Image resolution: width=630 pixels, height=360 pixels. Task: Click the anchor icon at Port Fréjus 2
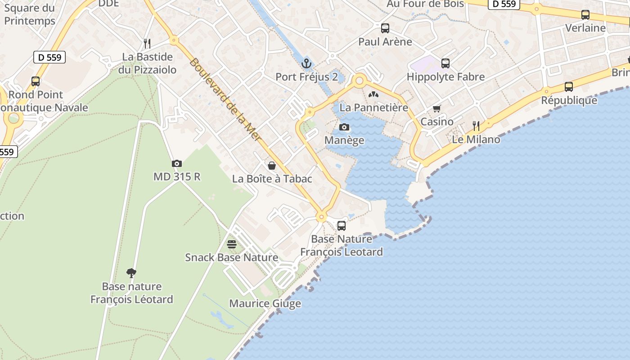pyautogui.click(x=306, y=63)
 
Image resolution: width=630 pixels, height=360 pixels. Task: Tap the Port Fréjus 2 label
pyautogui.click(x=306, y=77)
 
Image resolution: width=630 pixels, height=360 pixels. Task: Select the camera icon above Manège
pyautogui.click(x=344, y=127)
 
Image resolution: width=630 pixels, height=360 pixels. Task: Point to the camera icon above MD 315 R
pyautogui.click(x=177, y=164)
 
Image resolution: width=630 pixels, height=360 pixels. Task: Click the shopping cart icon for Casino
pyautogui.click(x=436, y=108)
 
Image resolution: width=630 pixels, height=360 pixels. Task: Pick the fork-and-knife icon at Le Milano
pyautogui.click(x=476, y=126)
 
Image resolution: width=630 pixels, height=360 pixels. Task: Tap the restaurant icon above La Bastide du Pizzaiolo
pyautogui.click(x=147, y=44)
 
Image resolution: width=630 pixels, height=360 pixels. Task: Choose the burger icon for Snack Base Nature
pyautogui.click(x=232, y=244)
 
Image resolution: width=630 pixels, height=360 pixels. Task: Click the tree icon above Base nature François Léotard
pyautogui.click(x=131, y=273)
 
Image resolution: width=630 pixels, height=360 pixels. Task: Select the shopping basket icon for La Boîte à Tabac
pyautogui.click(x=272, y=166)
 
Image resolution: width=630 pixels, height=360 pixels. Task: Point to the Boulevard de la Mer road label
pyautogui.click(x=225, y=99)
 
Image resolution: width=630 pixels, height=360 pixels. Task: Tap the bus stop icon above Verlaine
pyautogui.click(x=585, y=15)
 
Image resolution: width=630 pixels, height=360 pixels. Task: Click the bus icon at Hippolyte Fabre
pyautogui.click(x=445, y=63)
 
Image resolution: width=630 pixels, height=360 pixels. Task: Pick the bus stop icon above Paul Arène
pyautogui.click(x=385, y=28)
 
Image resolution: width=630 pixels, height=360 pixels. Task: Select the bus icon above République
pyautogui.click(x=569, y=87)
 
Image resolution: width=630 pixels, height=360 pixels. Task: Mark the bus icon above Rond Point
pyautogui.click(x=36, y=81)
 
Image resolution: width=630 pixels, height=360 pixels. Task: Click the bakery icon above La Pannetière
pyautogui.click(x=373, y=94)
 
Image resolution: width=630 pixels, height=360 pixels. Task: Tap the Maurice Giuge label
pyautogui.click(x=265, y=304)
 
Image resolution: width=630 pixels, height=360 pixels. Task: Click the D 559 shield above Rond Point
pyautogui.click(x=49, y=57)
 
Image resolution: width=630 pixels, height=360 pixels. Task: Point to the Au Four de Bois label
pyautogui.click(x=425, y=4)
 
